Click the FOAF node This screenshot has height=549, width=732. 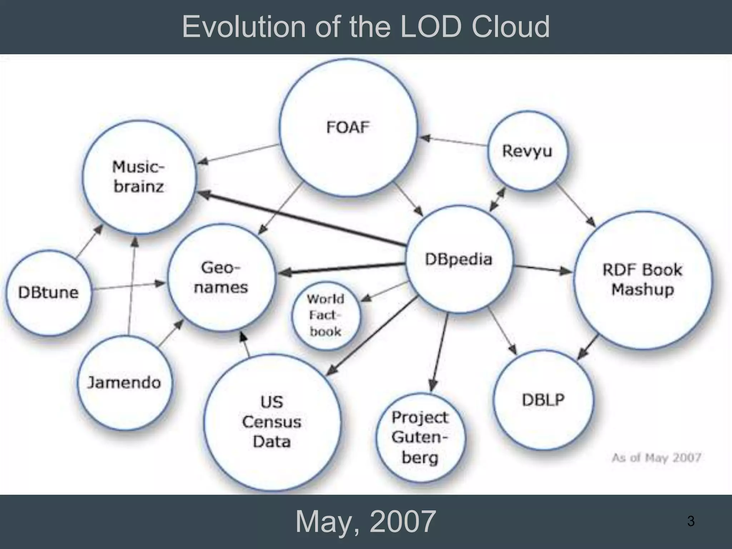tap(348, 128)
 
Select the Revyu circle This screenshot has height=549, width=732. tap(527, 151)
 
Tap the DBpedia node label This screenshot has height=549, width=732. tap(459, 259)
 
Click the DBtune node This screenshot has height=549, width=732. tap(48, 292)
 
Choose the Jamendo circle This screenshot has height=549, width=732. tap(124, 383)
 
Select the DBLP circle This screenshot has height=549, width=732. tap(543, 400)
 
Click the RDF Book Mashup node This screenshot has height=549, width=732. tap(642, 280)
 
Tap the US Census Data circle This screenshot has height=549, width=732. tap(272, 422)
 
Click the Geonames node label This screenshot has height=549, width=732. tap(221, 277)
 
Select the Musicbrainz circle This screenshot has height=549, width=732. tap(139, 177)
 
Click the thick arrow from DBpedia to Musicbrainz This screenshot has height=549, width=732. tap(300, 218)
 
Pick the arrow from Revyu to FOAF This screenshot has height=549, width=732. tap(454, 141)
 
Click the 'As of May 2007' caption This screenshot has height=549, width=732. tap(656, 457)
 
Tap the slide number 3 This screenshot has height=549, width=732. tap(691, 521)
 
